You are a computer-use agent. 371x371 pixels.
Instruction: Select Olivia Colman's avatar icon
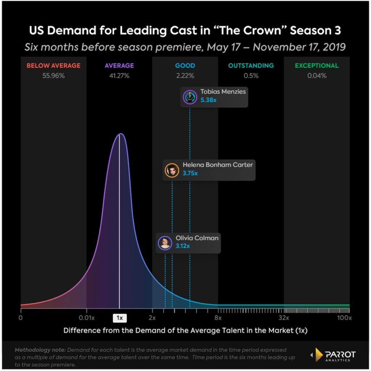click(165, 243)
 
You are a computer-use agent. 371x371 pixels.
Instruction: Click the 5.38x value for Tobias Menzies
click(208, 100)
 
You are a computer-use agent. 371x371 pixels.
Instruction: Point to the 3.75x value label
click(190, 173)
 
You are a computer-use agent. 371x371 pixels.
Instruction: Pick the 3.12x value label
click(183, 246)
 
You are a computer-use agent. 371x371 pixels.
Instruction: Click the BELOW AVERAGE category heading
click(53, 66)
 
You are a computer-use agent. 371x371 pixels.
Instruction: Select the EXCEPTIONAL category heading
click(317, 66)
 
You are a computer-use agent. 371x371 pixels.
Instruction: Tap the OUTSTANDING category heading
click(251, 66)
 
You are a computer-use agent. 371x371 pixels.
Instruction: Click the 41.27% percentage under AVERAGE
click(119, 76)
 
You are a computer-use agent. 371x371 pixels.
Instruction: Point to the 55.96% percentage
click(53, 76)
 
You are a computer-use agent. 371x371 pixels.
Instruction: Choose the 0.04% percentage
click(317, 76)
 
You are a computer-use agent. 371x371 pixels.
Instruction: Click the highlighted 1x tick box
click(120, 318)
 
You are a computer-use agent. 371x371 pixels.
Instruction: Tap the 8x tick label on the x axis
click(218, 318)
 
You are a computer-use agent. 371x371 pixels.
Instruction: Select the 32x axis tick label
click(284, 318)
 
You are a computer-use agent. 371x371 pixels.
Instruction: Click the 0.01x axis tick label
click(87, 318)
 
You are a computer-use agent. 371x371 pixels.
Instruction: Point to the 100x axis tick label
click(344, 318)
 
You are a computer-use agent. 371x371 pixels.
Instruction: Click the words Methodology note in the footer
click(40, 350)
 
